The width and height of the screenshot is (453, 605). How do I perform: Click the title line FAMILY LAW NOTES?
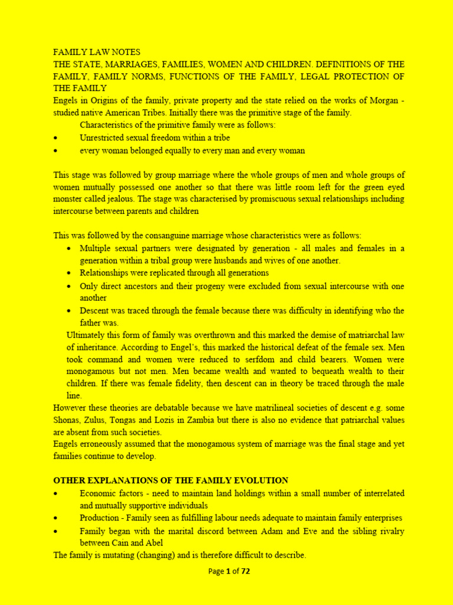point(97,52)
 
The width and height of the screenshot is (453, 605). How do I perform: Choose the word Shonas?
point(71,420)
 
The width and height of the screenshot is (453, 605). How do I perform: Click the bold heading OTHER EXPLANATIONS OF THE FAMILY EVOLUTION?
point(170,480)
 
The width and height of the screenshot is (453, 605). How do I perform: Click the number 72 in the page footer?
point(245,571)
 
